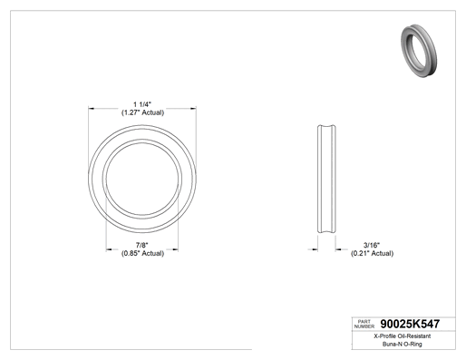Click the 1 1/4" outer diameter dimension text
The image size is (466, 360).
click(x=142, y=104)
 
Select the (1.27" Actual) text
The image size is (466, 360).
click(x=142, y=112)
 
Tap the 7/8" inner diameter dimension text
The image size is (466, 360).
click(x=142, y=245)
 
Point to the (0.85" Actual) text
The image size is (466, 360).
click(x=142, y=253)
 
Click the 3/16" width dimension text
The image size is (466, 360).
click(x=372, y=245)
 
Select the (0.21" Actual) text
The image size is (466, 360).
click(x=372, y=253)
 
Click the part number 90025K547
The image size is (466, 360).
click(x=410, y=324)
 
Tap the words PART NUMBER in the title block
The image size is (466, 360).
click(x=364, y=324)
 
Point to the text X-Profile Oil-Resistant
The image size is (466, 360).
click(x=403, y=336)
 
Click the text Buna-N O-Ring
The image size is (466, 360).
click(x=403, y=344)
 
